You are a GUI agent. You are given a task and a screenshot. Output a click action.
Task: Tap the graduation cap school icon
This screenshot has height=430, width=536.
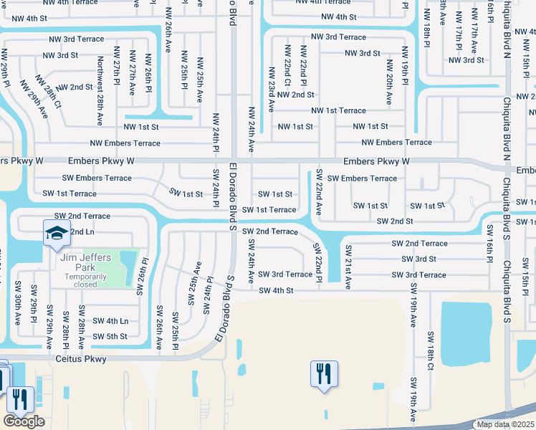click(55, 233)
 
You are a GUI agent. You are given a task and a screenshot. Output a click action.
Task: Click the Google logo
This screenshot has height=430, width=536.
click(24, 421)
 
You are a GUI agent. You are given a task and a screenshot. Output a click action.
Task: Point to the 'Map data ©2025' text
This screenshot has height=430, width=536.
click(505, 424)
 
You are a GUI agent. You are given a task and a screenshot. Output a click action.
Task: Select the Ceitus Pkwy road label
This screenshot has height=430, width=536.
click(80, 359)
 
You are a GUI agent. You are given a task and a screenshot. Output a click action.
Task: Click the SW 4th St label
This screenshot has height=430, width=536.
click(276, 290)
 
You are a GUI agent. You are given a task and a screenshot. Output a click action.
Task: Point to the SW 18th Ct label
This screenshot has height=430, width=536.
click(431, 351)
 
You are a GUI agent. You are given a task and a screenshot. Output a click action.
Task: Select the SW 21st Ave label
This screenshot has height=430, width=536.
click(348, 267)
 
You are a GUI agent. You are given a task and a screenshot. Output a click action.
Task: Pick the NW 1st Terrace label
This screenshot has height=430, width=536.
click(338, 110)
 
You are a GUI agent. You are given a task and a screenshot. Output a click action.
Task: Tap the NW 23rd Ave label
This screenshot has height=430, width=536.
click(272, 90)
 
